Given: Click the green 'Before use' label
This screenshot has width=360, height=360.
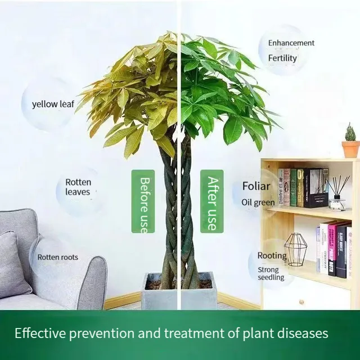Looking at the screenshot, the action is pyautogui.click(x=143, y=201).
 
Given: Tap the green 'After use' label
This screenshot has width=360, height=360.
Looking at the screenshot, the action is pyautogui.click(x=211, y=201).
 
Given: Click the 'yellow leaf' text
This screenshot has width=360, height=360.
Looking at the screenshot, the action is pyautogui.click(x=53, y=104).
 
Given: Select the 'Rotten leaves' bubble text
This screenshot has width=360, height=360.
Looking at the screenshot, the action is pyautogui.click(x=78, y=187).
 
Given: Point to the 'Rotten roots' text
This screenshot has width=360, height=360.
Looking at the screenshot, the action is pyautogui.click(x=58, y=258).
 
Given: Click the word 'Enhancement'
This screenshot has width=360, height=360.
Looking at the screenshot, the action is pyautogui.click(x=291, y=43).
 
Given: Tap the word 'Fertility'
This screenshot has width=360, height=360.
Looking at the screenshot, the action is pyautogui.click(x=282, y=58).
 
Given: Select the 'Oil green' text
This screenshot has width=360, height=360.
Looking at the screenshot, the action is pyautogui.click(x=258, y=202).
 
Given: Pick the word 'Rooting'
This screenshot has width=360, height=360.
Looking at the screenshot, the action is pyautogui.click(x=272, y=256).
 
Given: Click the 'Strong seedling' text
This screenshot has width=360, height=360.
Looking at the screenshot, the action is pyautogui.click(x=271, y=273).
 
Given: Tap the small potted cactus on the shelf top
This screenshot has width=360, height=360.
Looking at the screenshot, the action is pyautogui.click(x=350, y=142).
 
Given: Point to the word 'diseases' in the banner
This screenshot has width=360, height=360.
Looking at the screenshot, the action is pyautogui.click(x=301, y=334).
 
